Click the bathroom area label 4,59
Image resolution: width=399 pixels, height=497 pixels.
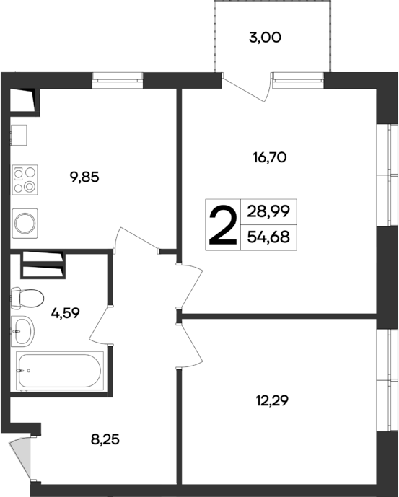[x=65, y=313]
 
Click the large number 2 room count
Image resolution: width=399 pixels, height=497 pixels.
[x=222, y=225]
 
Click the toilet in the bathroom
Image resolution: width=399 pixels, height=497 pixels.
[x=27, y=297]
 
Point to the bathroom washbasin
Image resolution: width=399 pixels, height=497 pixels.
[x=22, y=331]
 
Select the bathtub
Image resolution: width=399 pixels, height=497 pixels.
[x=59, y=370]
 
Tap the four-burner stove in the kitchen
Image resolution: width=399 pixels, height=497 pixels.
[x=25, y=180]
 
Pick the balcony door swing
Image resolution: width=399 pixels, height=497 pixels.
[x=249, y=88]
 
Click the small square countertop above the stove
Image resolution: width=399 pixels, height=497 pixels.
[x=19, y=134]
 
